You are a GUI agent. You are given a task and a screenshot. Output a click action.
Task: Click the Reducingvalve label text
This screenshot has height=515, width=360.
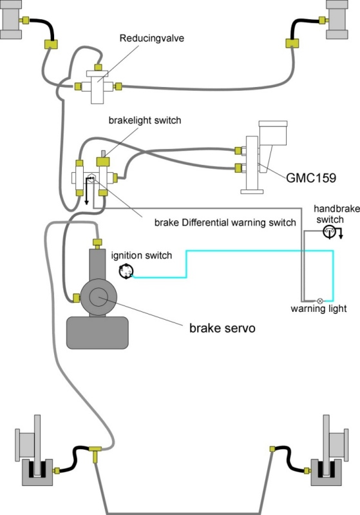pyautogui.click(x=151, y=38)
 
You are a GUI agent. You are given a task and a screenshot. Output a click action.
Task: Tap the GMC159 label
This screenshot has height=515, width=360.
pyautogui.click(x=311, y=178)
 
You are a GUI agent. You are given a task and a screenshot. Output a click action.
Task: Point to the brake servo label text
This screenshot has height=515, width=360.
pyautogui.click(x=222, y=328)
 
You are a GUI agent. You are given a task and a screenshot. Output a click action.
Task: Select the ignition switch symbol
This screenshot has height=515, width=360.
pyautogui.click(x=126, y=271)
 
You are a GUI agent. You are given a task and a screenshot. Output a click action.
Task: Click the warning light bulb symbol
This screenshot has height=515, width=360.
pyautogui.click(x=320, y=300)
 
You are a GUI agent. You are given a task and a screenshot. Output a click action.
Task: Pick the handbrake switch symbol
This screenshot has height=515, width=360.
pyautogui.click(x=329, y=231)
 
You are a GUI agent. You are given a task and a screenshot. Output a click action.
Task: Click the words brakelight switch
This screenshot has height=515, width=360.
pyautogui.click(x=145, y=121)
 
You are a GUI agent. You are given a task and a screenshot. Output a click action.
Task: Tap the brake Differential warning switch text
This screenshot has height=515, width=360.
pyautogui.click(x=225, y=222)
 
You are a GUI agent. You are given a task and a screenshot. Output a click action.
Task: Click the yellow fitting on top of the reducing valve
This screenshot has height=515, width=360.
pyautogui.click(x=98, y=67)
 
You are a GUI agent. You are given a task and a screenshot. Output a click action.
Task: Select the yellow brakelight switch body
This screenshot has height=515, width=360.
pyautogui.click(x=102, y=162)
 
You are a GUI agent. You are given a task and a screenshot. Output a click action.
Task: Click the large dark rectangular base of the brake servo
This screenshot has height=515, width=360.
pyautogui.click(x=97, y=333)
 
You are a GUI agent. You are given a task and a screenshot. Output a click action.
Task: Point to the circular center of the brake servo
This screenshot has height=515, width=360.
pyautogui.click(x=99, y=297)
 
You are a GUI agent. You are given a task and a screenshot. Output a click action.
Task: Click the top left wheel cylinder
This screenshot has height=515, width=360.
pyautogui.click(x=11, y=20)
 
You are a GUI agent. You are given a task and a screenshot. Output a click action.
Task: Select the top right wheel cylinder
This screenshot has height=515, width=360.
pyautogui.click(x=337, y=20)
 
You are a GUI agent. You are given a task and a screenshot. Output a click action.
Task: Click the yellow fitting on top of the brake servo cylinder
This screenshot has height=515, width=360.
pyautogui.click(x=97, y=244)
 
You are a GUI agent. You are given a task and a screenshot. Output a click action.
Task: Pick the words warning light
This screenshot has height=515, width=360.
pyautogui.click(x=319, y=309)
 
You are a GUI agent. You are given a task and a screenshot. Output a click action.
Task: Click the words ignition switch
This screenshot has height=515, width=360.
pyautogui.click(x=142, y=255)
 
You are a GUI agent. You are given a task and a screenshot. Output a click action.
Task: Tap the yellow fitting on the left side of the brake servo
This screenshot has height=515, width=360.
pyautogui.click(x=76, y=298)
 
